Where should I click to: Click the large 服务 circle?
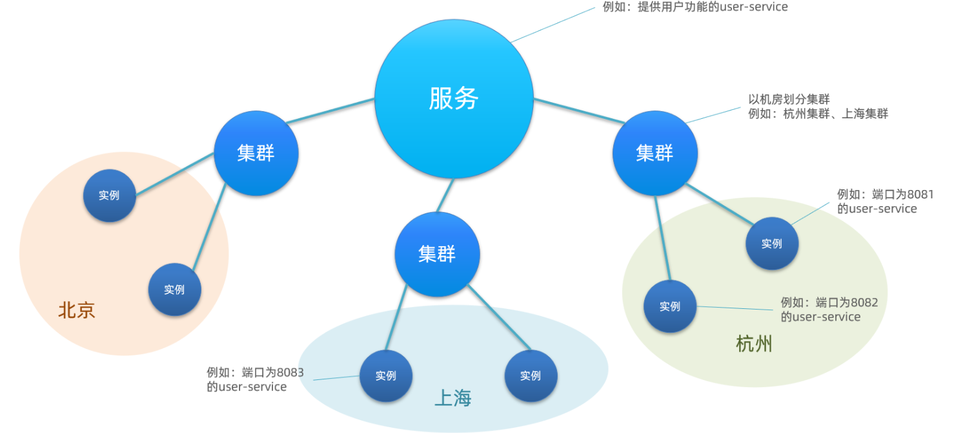[454, 98]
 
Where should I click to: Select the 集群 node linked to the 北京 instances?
[256, 154]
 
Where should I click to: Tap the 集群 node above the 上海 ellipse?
[437, 254]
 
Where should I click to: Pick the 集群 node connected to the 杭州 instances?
[655, 153]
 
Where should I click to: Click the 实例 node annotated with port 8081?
[772, 244]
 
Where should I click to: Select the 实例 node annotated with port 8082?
[670, 306]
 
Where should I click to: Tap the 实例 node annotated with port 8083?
[385, 375]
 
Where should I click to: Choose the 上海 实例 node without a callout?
[531, 375]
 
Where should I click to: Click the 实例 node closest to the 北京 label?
[174, 290]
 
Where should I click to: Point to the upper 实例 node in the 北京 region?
[109, 195]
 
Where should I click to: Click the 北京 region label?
[77, 310]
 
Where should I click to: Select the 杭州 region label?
[754, 344]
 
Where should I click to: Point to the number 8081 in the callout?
[920, 195]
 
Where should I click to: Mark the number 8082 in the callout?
[864, 302]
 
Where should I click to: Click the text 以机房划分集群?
[789, 100]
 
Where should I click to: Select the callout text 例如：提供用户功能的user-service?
[695, 7]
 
